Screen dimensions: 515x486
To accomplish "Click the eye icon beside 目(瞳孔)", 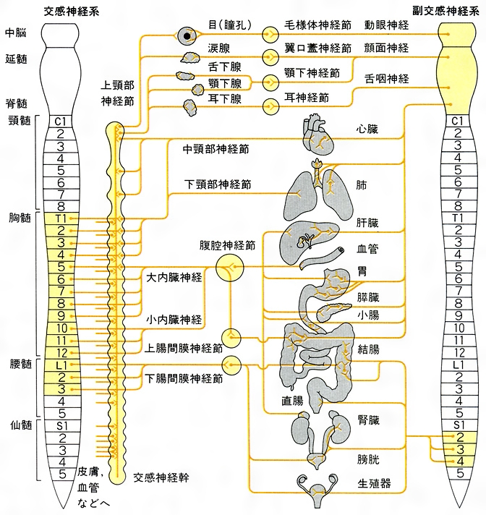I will [189, 34].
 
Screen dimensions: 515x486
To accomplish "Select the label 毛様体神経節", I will [317, 25].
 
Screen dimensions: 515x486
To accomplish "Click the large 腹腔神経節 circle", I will [230, 268].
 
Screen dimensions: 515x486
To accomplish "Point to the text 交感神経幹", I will [161, 479].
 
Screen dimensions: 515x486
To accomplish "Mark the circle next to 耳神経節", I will [270, 106].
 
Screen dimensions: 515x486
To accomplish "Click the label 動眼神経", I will [386, 25].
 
